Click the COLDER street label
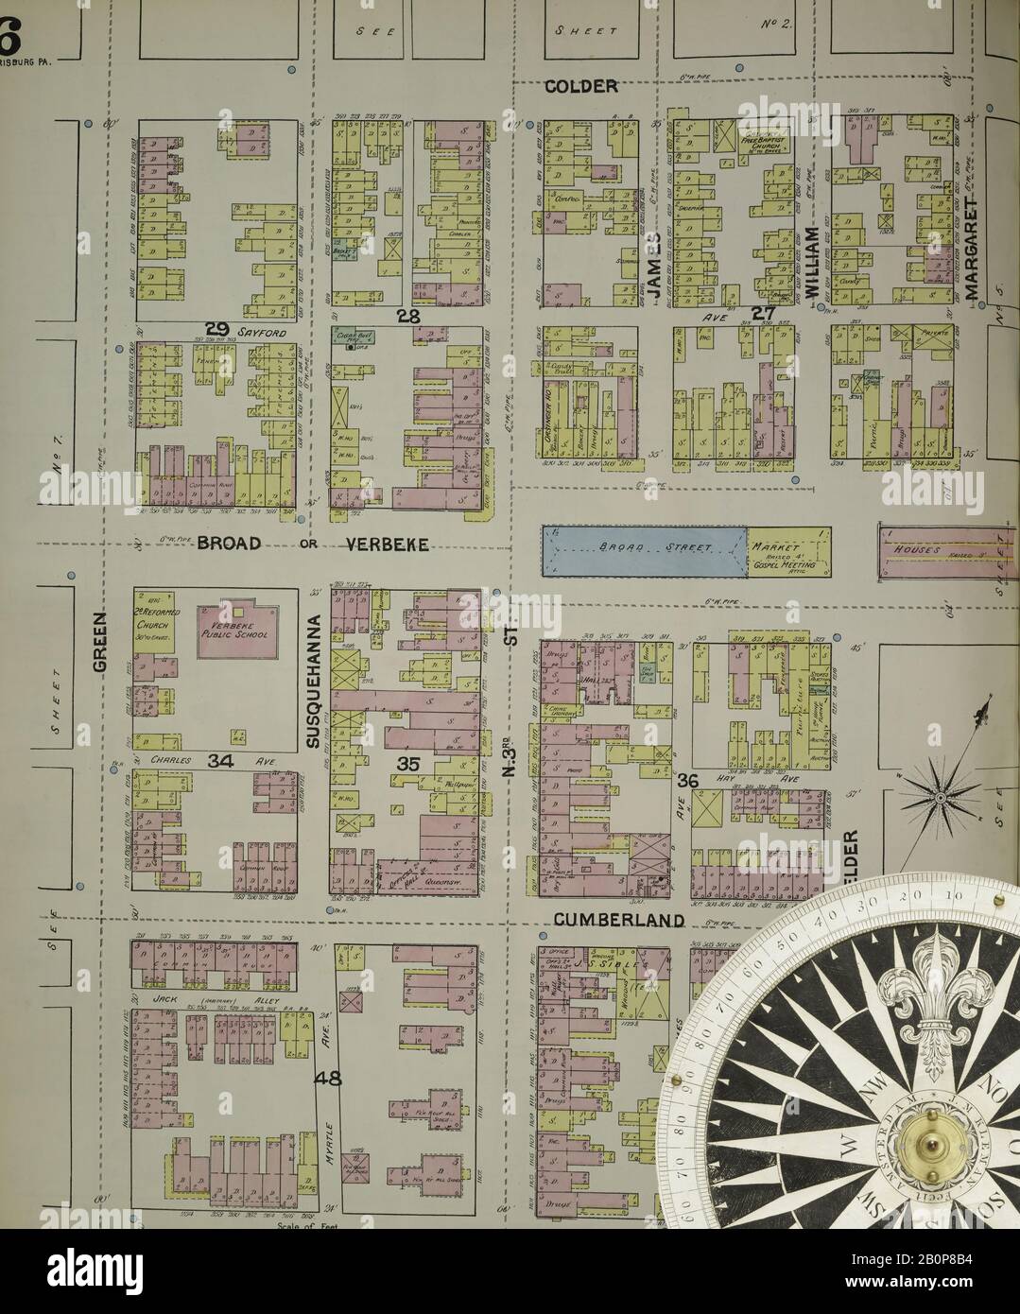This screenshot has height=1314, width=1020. click(581, 87)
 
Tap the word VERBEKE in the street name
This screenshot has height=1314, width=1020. click(387, 545)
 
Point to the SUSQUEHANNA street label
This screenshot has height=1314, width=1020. click(315, 681)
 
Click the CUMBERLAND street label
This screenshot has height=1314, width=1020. click(618, 920)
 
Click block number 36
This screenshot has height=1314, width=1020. click(687, 780)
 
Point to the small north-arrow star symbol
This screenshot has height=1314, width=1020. click(941, 797)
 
